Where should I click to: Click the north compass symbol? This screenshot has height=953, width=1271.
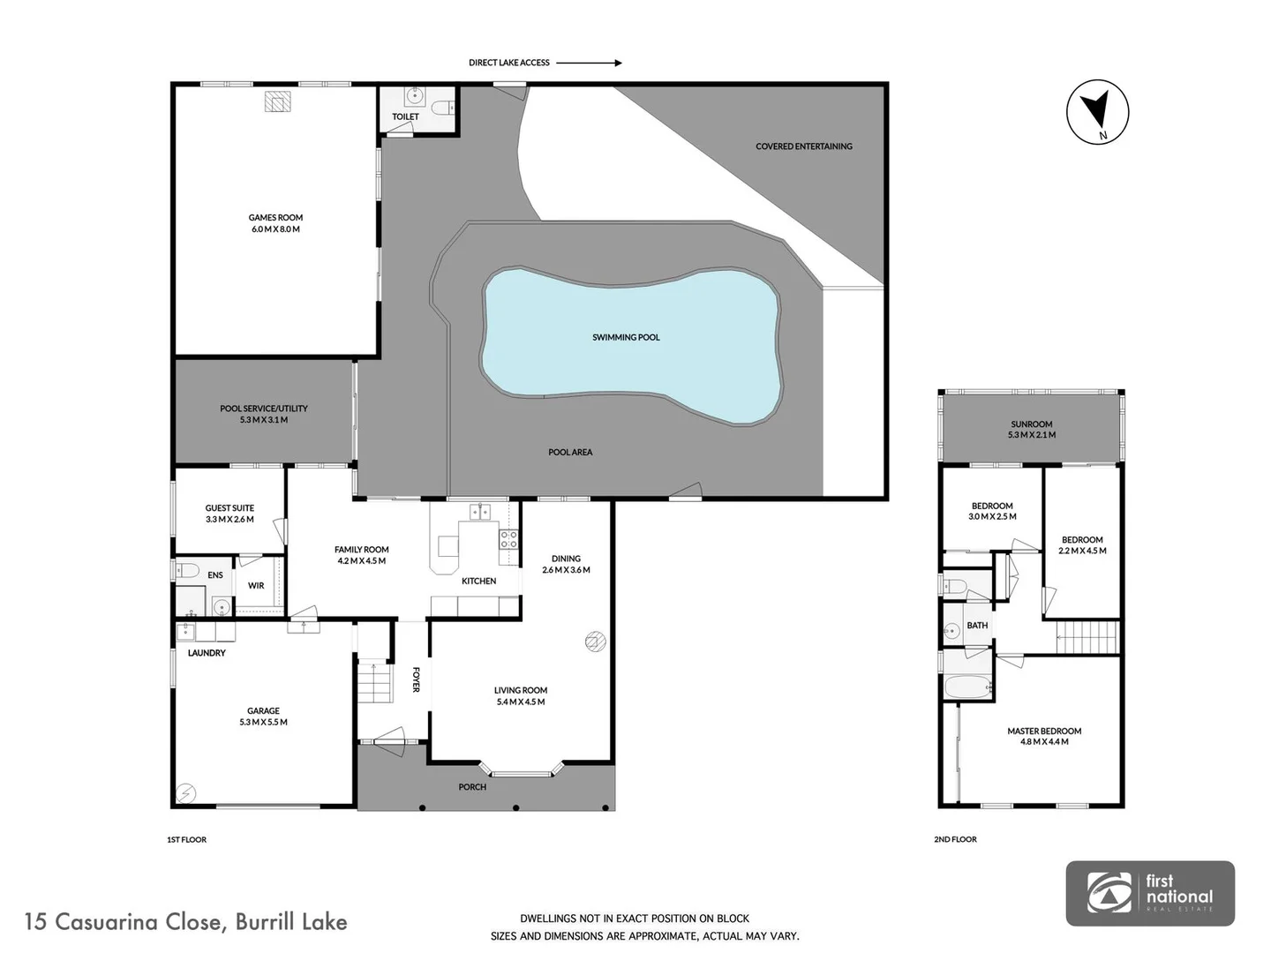pyautogui.click(x=1098, y=111)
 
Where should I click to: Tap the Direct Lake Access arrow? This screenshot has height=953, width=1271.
pyautogui.click(x=589, y=63)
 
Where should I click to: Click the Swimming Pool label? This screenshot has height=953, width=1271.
pyautogui.click(x=626, y=337)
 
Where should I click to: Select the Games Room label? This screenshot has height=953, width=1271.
pyautogui.click(x=275, y=217)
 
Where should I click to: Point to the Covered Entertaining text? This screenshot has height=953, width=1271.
pyautogui.click(x=803, y=146)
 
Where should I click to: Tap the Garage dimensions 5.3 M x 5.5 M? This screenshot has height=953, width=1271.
pyautogui.click(x=263, y=722)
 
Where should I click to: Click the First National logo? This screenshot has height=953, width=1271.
pyautogui.click(x=1150, y=893)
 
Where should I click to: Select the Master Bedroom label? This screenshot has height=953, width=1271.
pyautogui.click(x=1044, y=731)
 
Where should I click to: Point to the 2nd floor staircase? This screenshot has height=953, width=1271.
pyautogui.click(x=1088, y=634)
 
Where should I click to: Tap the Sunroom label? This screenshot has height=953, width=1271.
pyautogui.click(x=1032, y=424)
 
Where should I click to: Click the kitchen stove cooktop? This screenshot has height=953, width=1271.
pyautogui.click(x=508, y=539)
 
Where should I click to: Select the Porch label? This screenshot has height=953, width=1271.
pyautogui.click(x=472, y=787)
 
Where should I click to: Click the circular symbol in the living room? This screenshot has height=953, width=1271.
pyautogui.click(x=595, y=642)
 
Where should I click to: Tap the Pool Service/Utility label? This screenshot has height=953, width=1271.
pyautogui.click(x=264, y=409)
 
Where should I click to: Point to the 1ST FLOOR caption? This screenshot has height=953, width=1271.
pyautogui.click(x=186, y=839)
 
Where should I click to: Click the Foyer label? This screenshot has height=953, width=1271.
pyautogui.click(x=416, y=679)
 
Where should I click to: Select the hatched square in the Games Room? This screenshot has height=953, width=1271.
pyautogui.click(x=278, y=101)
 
